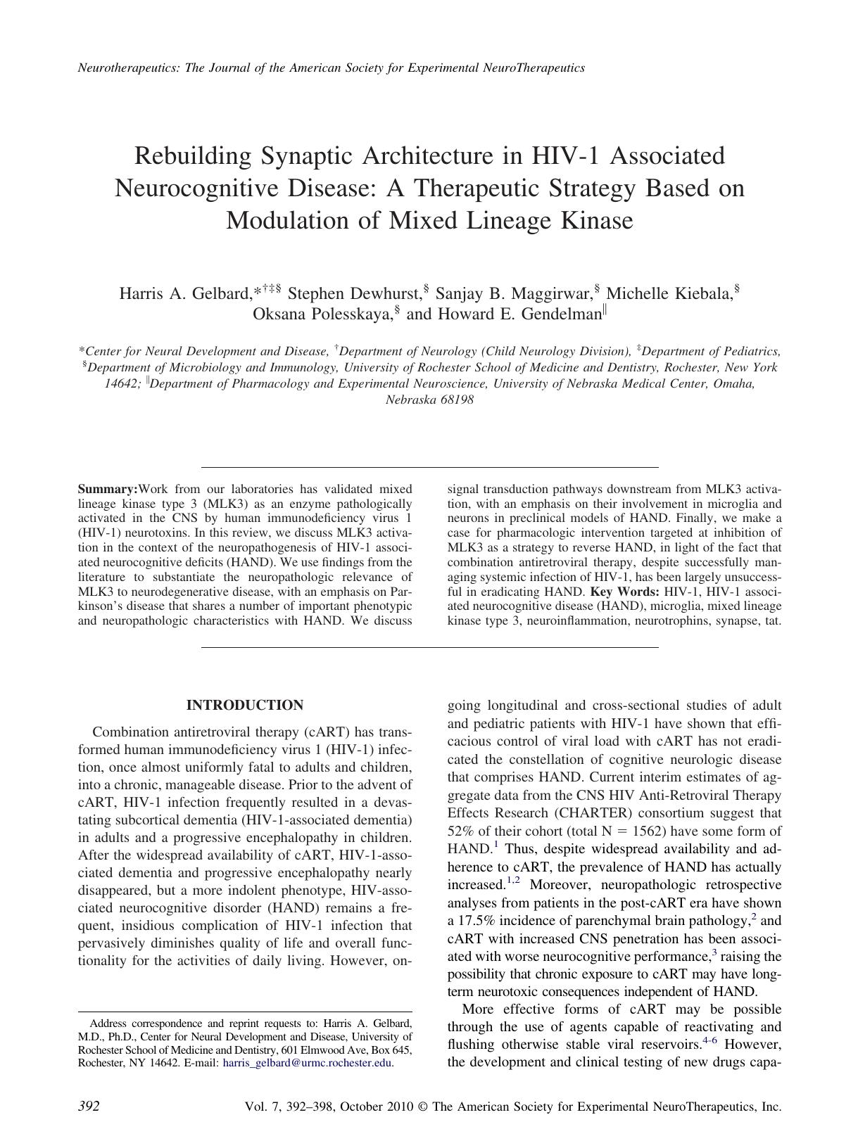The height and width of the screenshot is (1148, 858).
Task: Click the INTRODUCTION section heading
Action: [x=245, y=706]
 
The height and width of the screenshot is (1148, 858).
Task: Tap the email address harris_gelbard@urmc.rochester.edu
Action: [x=307, y=1063]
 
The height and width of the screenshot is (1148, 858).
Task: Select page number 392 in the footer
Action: [x=88, y=1106]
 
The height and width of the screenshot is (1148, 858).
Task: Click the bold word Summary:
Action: [x=108, y=489]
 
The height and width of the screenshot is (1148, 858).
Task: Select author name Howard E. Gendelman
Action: [x=519, y=314]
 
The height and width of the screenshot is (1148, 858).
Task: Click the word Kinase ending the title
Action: [x=596, y=220]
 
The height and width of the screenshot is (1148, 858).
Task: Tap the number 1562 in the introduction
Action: [x=733, y=831]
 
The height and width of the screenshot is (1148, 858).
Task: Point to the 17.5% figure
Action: [x=481, y=921]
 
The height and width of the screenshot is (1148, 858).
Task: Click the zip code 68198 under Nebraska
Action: [x=458, y=400]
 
